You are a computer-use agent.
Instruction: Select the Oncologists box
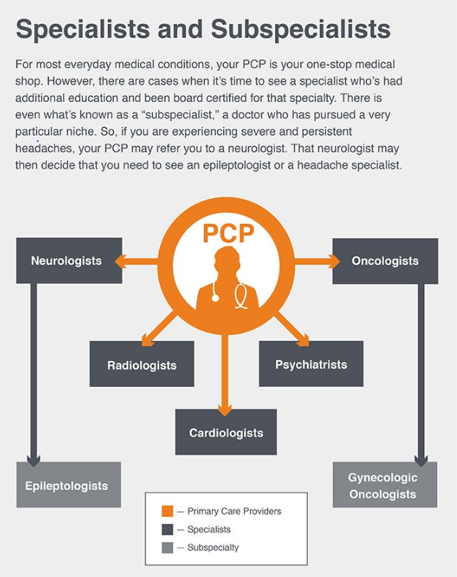(x=385, y=261)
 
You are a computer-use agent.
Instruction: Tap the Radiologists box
(x=141, y=365)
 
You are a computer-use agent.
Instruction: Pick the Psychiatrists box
(x=311, y=364)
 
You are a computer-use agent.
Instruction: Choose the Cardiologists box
(x=226, y=432)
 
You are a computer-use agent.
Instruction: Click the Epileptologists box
(x=67, y=485)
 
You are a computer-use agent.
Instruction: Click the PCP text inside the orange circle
(x=228, y=233)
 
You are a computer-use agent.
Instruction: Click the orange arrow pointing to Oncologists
(x=315, y=261)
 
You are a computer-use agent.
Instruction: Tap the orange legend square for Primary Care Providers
(x=168, y=511)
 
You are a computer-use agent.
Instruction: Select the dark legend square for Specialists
(x=168, y=530)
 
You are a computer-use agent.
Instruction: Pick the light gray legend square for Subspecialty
(x=168, y=548)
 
